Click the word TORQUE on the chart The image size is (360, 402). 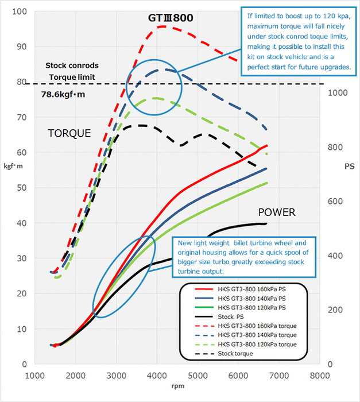click(69, 133)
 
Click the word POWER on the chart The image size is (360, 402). click(276, 212)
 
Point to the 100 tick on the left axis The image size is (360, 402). click(20, 11)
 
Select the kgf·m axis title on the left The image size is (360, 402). click(13, 166)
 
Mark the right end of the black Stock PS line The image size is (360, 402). click(266, 223)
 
